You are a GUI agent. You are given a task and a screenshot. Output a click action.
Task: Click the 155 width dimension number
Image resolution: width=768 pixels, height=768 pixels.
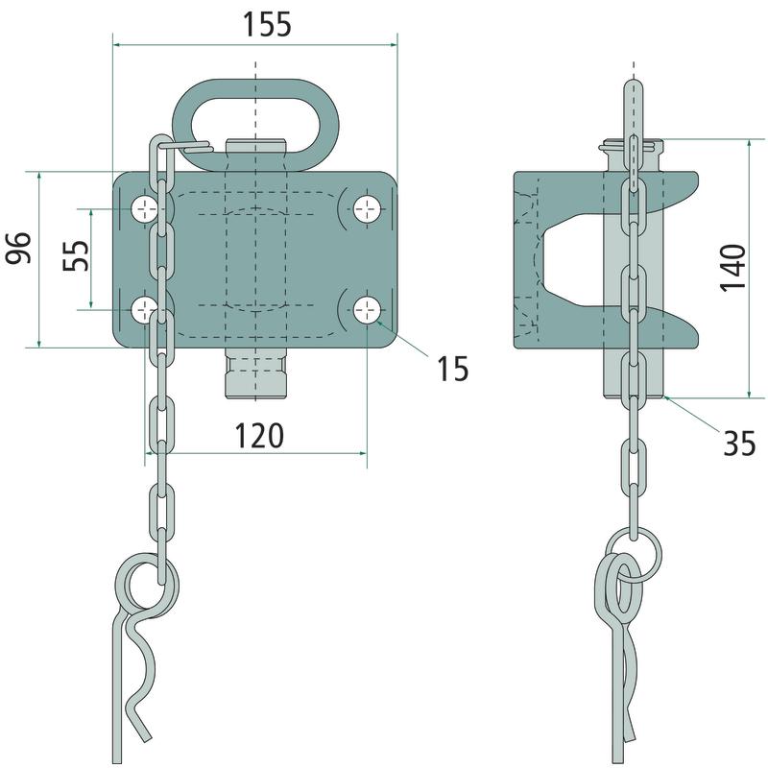tap(268, 25)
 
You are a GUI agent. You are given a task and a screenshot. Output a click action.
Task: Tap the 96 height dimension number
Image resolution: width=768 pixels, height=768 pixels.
tap(18, 248)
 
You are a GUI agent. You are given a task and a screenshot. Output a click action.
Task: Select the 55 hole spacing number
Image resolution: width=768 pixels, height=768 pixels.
tap(77, 255)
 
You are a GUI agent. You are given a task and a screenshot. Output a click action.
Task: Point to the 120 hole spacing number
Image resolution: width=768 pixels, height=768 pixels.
tap(259, 436)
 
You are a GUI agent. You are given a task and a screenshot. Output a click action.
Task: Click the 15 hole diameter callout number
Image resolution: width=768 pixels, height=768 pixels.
tap(453, 369)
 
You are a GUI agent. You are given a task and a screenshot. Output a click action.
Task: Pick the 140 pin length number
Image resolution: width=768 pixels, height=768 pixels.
tap(732, 267)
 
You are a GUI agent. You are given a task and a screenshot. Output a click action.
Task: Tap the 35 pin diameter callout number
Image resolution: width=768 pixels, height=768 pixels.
tap(740, 444)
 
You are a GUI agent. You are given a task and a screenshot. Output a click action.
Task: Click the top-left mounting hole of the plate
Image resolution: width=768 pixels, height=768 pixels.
tap(145, 209)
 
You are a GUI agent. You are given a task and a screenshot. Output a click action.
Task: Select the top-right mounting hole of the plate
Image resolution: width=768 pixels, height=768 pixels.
tap(368, 209)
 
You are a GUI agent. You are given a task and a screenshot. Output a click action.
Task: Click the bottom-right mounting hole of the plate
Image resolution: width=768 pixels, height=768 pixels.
tap(368, 309)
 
